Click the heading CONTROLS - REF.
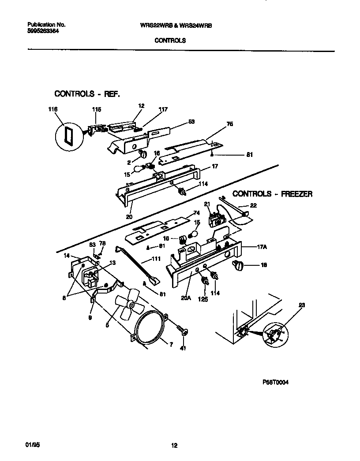click(87, 94)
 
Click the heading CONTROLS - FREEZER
click(272, 193)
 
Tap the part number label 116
click(53, 109)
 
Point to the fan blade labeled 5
click(127, 304)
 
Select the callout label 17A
click(262, 248)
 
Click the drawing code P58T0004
click(275, 383)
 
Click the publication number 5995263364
click(43, 31)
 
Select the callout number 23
click(302, 305)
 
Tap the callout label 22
click(253, 205)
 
